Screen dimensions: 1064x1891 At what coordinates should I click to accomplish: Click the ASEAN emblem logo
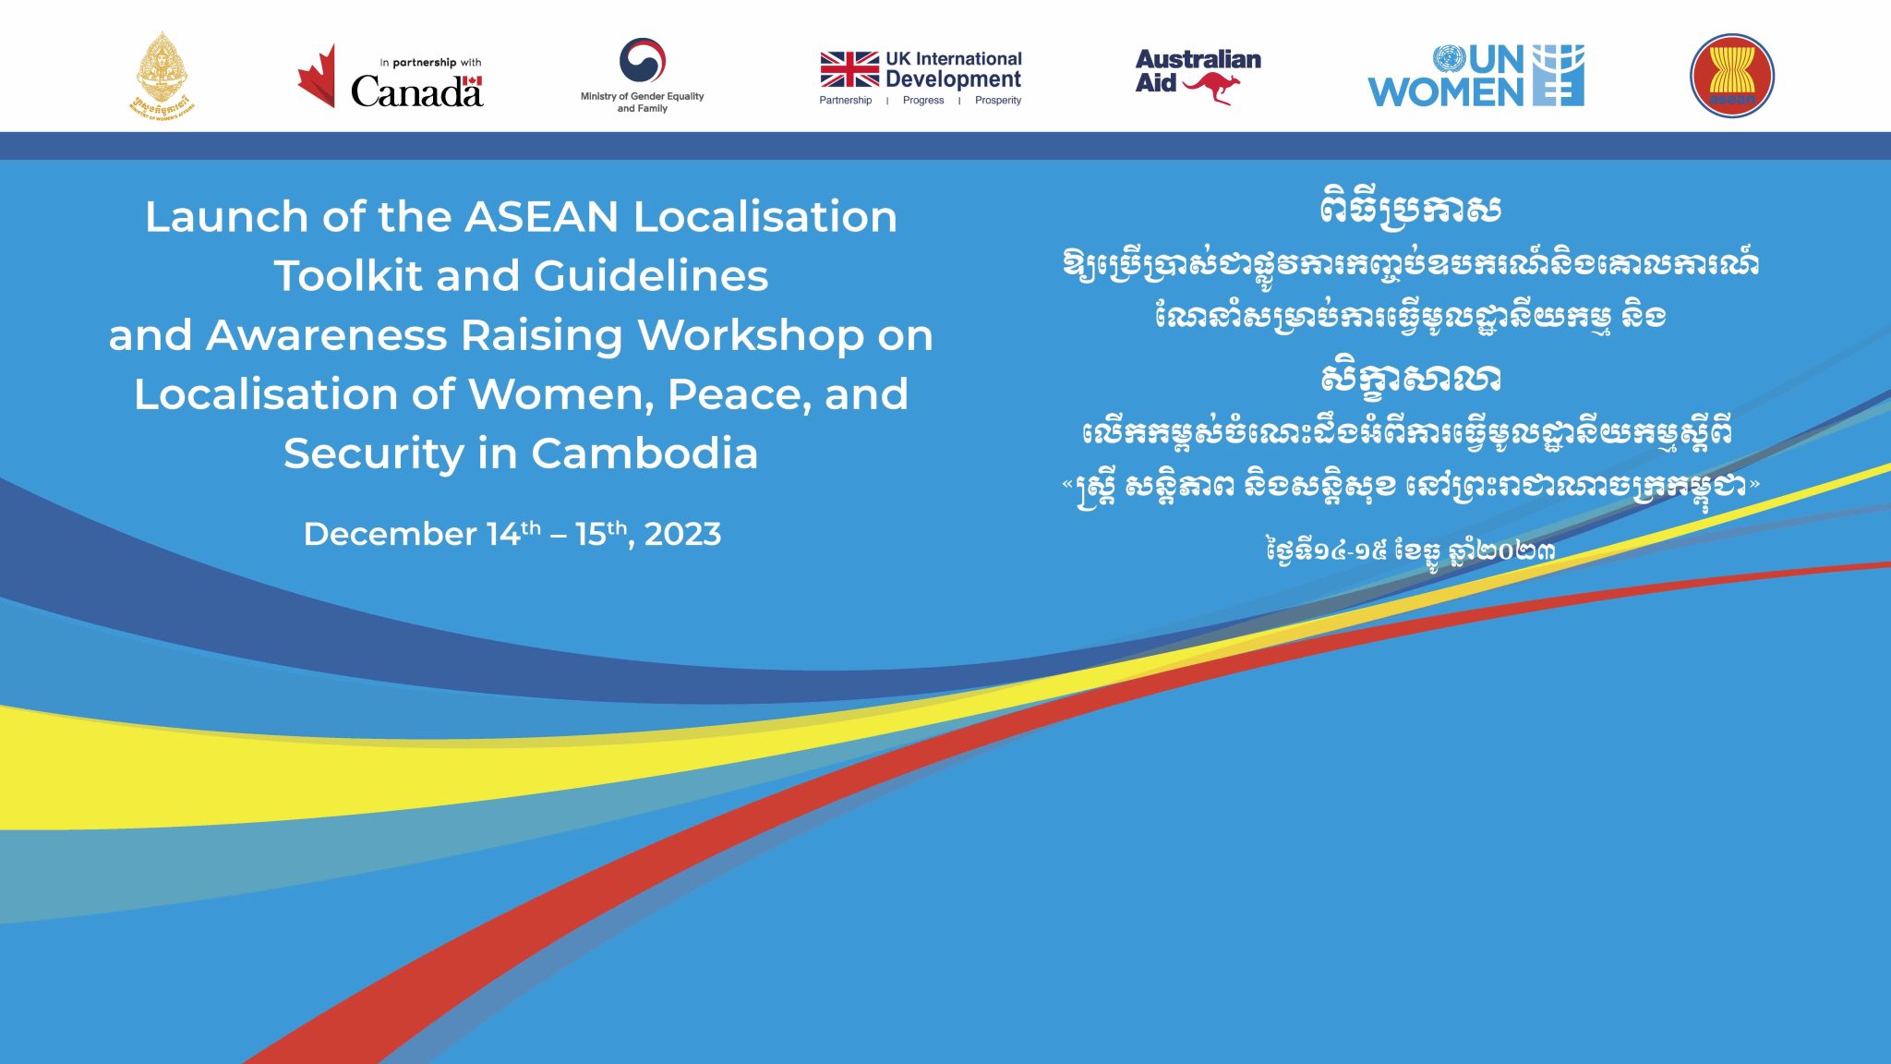[x=1731, y=75]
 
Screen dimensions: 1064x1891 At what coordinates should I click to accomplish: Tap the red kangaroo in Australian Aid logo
[x=1211, y=88]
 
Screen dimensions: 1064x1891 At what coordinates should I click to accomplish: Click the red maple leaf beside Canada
[x=318, y=77]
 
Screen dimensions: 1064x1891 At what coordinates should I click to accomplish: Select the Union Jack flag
[x=849, y=69]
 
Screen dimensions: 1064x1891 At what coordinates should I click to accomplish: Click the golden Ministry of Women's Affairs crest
[x=162, y=74]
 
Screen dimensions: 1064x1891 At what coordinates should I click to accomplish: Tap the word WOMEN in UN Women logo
[x=1446, y=91]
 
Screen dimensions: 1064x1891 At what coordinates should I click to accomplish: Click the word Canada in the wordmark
[x=416, y=91]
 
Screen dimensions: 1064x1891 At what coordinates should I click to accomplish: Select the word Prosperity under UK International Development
[x=997, y=101]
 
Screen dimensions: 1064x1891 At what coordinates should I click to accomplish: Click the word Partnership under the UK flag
[x=845, y=101]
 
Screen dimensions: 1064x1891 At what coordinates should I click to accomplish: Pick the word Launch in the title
[x=225, y=217]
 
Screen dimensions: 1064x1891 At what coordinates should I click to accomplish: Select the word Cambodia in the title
[x=644, y=453]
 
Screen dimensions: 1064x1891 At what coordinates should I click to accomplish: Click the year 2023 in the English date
[x=682, y=534]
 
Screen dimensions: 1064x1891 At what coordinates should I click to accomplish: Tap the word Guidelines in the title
[x=650, y=276]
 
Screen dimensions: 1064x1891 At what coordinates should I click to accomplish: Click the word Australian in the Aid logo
[x=1198, y=60]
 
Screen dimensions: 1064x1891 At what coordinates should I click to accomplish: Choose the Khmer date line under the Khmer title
[x=1410, y=551]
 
